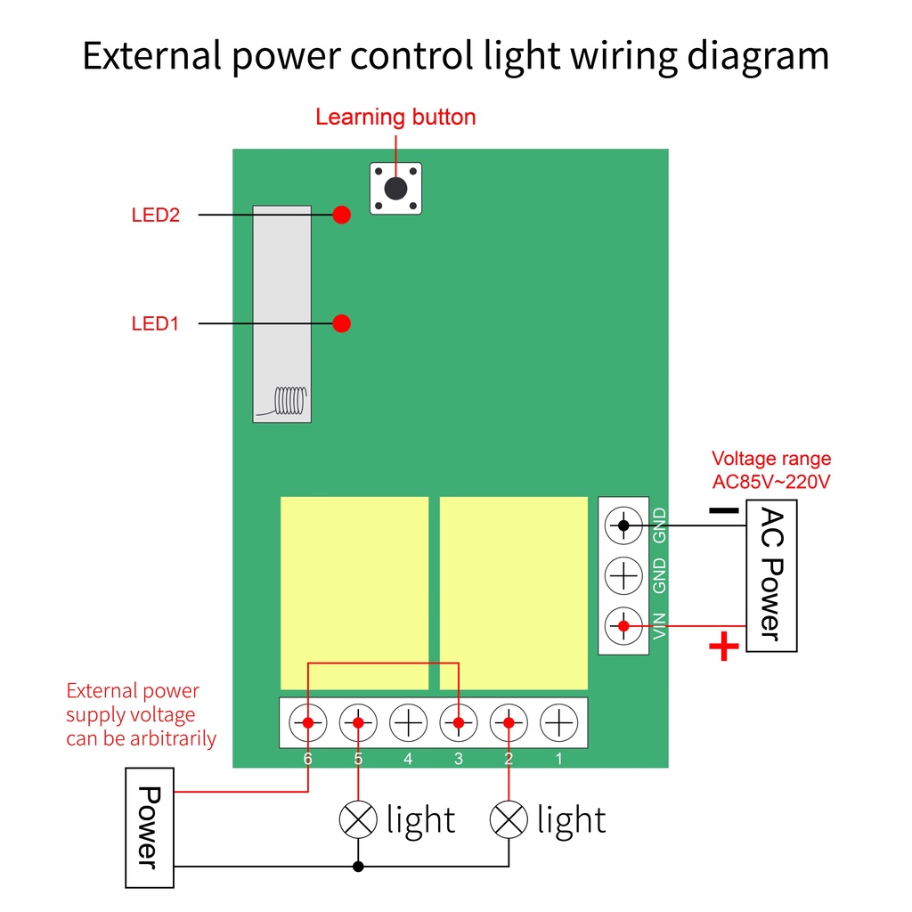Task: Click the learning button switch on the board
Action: click(395, 189)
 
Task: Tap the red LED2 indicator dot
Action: click(341, 215)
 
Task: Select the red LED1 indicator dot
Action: click(341, 323)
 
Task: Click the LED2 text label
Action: click(155, 216)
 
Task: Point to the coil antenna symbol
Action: click(289, 401)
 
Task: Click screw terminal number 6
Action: click(307, 723)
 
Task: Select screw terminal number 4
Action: click(408, 723)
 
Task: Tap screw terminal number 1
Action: click(559, 723)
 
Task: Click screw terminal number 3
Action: click(459, 723)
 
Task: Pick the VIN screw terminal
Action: click(623, 626)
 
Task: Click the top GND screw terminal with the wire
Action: click(623, 525)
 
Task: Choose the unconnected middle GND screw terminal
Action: click(623, 576)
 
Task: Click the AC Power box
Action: click(771, 576)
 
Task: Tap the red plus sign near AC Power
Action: click(724, 647)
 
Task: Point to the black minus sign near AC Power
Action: click(724, 510)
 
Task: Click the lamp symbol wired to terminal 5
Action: click(358, 819)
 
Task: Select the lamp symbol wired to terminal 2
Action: click(509, 819)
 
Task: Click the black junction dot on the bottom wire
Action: click(358, 867)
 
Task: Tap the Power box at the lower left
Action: click(150, 827)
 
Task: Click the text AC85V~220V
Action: click(771, 482)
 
